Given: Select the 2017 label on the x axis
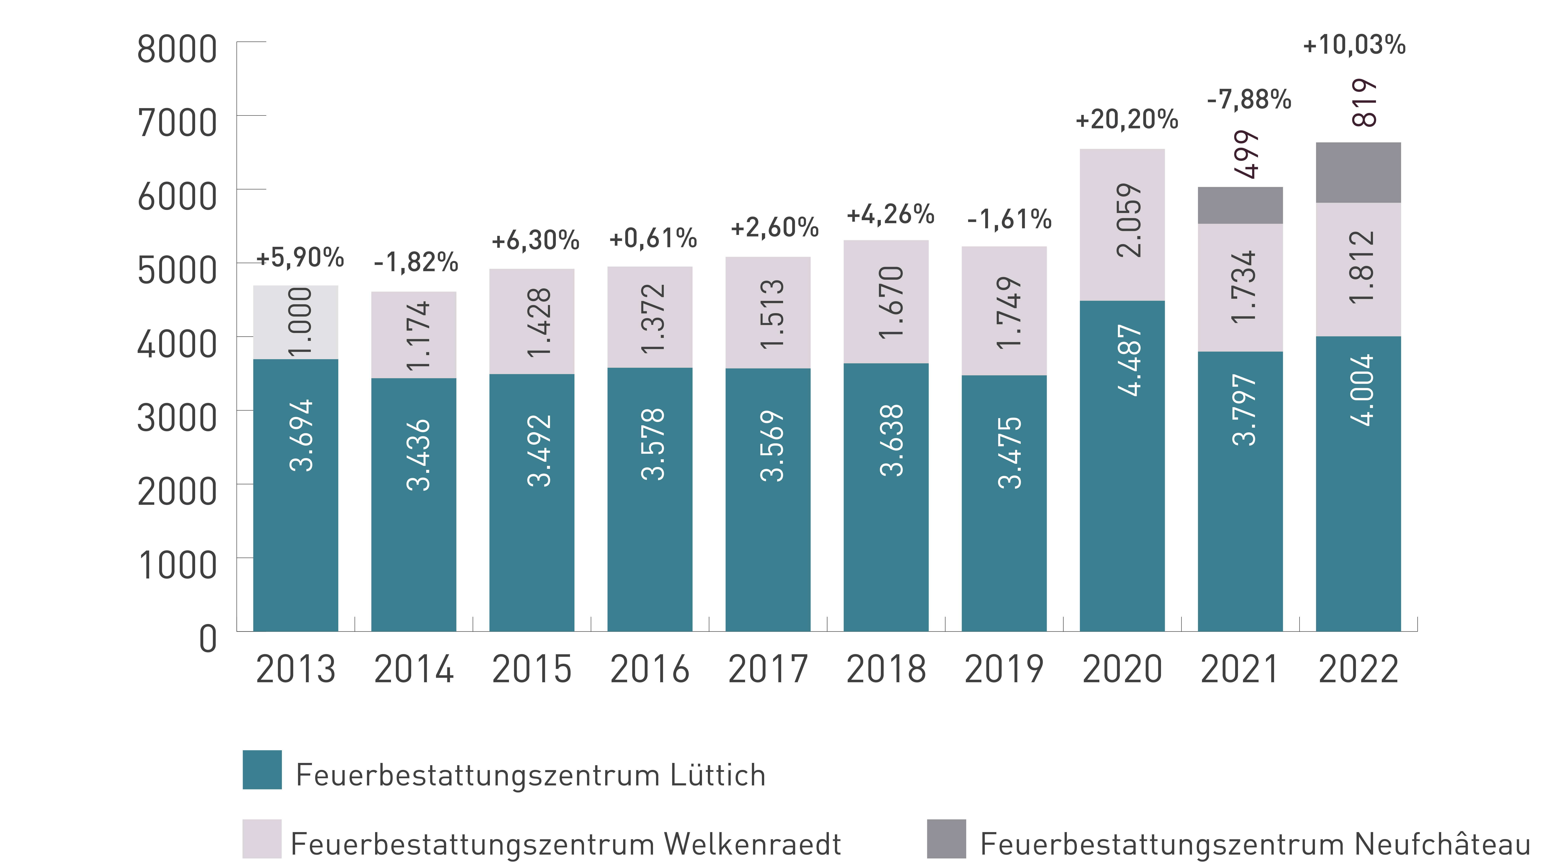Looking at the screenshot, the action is (x=768, y=669).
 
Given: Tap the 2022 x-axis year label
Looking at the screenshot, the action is (x=1358, y=669).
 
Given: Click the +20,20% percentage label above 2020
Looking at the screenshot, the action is (x=1126, y=119).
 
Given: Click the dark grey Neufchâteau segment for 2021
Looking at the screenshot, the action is (x=1240, y=205).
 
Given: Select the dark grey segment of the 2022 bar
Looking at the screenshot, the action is (x=1358, y=173).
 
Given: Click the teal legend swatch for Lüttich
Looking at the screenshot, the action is (x=262, y=770).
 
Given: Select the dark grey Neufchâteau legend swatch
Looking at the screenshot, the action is (x=947, y=838).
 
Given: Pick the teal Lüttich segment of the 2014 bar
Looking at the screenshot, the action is (x=413, y=505).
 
